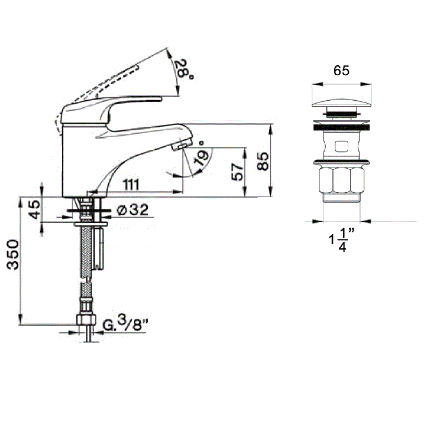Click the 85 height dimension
click(x=263, y=161)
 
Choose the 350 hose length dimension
click(x=13, y=254)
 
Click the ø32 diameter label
click(x=132, y=210)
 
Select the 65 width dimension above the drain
click(x=341, y=71)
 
